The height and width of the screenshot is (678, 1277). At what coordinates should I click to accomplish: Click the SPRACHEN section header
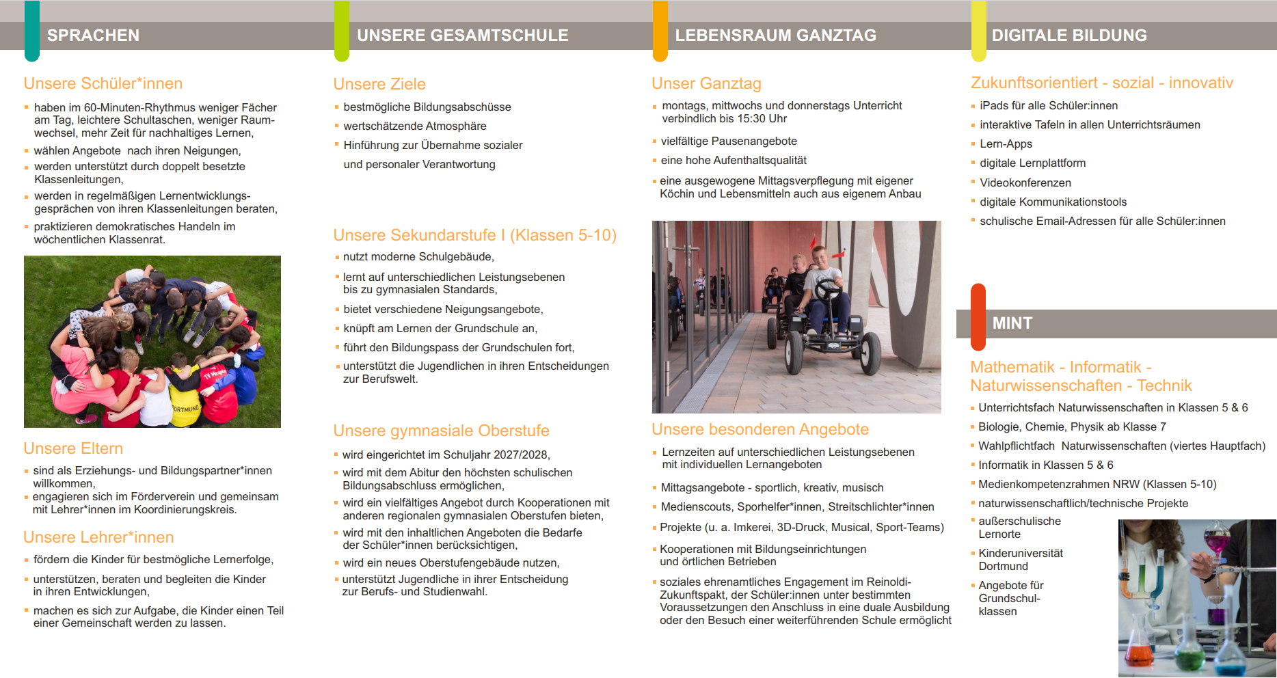93,36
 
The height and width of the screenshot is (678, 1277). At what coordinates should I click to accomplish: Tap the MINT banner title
1012,323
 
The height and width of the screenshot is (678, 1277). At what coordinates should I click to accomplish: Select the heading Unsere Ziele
379,84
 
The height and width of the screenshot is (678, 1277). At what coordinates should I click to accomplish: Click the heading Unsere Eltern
73,448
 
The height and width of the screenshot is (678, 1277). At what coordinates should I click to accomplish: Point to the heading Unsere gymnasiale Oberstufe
441,431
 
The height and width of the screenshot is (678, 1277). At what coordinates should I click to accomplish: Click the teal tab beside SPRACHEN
31,31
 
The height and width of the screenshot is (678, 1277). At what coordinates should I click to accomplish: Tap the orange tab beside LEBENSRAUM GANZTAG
660,31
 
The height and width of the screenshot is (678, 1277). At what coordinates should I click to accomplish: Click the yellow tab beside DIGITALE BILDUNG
979,31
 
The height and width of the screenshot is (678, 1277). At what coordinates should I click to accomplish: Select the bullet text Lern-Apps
1006,144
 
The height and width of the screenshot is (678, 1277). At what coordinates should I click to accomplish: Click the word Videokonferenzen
1025,183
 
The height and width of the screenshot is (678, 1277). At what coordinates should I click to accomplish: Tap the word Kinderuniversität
1020,554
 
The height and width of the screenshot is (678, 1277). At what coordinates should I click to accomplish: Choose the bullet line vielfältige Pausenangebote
729,141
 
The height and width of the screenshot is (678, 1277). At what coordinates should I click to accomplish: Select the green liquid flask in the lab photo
1190,656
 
